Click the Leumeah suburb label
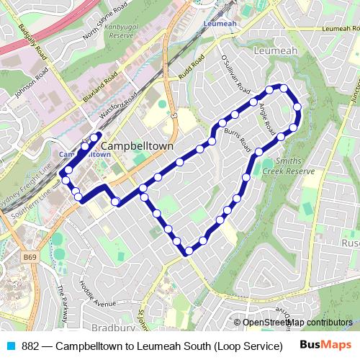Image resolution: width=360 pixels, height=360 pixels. [x=275, y=51]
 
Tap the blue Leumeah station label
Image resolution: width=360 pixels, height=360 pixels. [x=220, y=23]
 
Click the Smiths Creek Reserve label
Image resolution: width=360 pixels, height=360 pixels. [x=289, y=166]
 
